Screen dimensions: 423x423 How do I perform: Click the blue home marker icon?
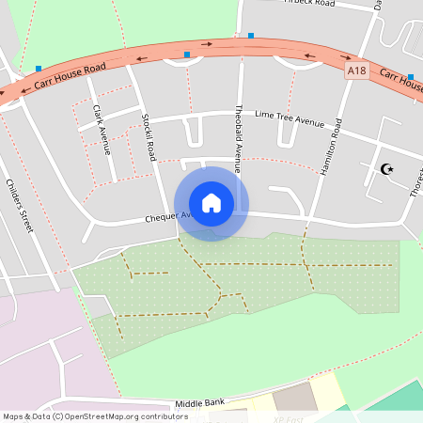coord(211,202)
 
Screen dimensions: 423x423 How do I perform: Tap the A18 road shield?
coord(355,70)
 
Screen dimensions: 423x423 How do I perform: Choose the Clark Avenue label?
coord(101,129)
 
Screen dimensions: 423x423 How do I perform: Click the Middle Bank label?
coord(200,403)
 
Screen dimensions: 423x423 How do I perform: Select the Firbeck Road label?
coord(311,4)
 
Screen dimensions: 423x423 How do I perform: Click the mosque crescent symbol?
coord(385,169)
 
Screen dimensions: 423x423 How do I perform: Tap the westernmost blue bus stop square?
coord(39,68)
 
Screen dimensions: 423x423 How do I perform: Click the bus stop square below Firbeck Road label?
coord(251,36)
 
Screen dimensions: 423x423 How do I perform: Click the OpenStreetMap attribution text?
coord(94,415)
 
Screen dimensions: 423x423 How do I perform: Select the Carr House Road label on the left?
coord(71,77)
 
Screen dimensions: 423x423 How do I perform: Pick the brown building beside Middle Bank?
coord(296,396)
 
